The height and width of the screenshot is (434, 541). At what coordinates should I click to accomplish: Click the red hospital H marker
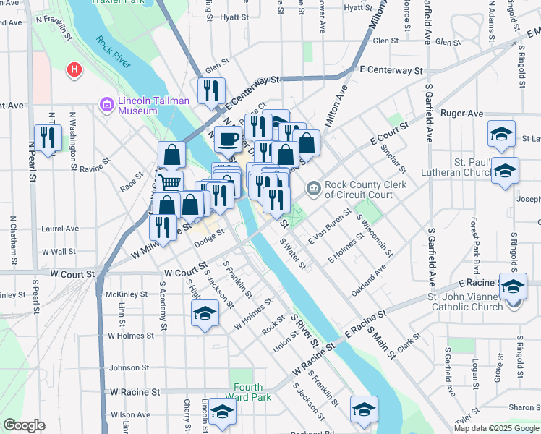[74, 70]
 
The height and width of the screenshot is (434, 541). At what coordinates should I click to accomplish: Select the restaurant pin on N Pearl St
[48, 137]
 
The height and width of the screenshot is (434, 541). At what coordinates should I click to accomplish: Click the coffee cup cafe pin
[229, 137]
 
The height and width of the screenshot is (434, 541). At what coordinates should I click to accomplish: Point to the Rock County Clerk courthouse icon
[313, 190]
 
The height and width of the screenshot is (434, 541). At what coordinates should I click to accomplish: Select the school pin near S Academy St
[205, 314]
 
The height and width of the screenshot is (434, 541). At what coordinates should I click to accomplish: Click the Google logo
[24, 425]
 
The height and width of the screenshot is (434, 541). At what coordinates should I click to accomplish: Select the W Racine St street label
[135, 392]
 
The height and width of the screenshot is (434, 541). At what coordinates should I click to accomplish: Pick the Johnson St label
[129, 367]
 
